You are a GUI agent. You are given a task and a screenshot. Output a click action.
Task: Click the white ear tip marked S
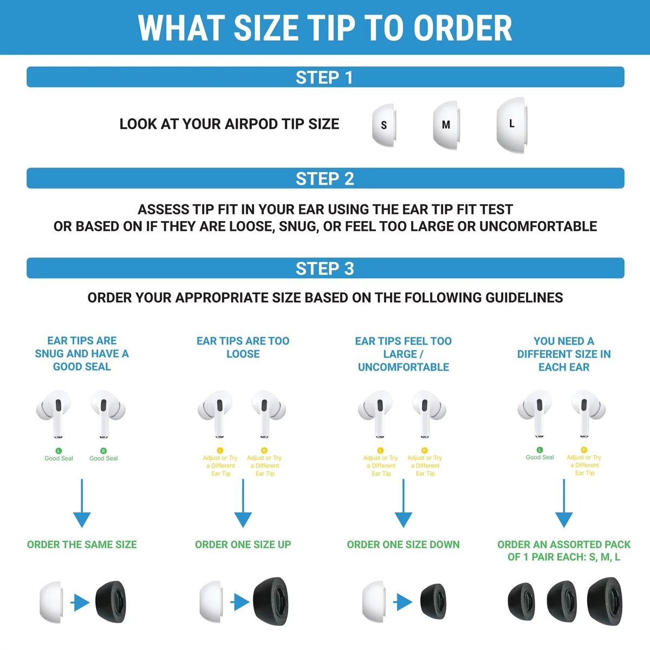coord(384,125)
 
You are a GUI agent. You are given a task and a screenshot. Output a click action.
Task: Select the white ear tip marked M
coord(446,125)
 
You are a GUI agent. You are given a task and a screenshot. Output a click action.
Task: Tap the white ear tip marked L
coord(512,125)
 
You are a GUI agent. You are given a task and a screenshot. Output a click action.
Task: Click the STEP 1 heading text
coord(324,77)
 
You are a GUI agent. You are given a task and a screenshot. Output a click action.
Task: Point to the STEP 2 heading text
coord(324,178)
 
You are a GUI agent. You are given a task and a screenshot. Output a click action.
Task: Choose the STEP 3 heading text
coord(324,269)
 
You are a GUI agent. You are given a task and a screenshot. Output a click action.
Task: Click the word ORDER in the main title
coord(463,28)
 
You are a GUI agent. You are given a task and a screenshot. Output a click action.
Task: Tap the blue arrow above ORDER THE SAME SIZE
coord(82,503)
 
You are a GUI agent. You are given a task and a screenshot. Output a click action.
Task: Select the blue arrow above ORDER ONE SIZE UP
coord(243,503)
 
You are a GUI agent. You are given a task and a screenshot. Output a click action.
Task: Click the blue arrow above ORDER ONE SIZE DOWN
coord(404,503)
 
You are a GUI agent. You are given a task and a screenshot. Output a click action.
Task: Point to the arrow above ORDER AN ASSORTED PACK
coord(564,503)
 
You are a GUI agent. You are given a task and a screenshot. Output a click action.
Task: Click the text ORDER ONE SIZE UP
coord(243,544)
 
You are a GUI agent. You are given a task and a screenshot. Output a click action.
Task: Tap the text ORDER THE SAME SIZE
coord(82,544)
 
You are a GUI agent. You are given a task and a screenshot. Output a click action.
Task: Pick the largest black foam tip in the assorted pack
coord(605,601)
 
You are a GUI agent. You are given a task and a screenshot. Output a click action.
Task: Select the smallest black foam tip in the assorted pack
coord(521,601)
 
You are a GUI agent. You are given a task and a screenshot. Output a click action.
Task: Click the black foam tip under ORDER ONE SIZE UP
coord(270,601)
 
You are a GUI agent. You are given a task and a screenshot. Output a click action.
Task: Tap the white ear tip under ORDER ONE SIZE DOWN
coord(374,601)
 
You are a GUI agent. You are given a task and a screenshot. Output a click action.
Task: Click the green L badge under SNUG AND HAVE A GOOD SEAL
coord(58,451)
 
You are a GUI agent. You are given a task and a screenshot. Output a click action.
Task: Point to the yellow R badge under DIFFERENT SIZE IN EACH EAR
coord(584,450)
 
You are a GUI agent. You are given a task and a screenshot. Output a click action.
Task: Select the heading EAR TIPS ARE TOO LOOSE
coord(243,347)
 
